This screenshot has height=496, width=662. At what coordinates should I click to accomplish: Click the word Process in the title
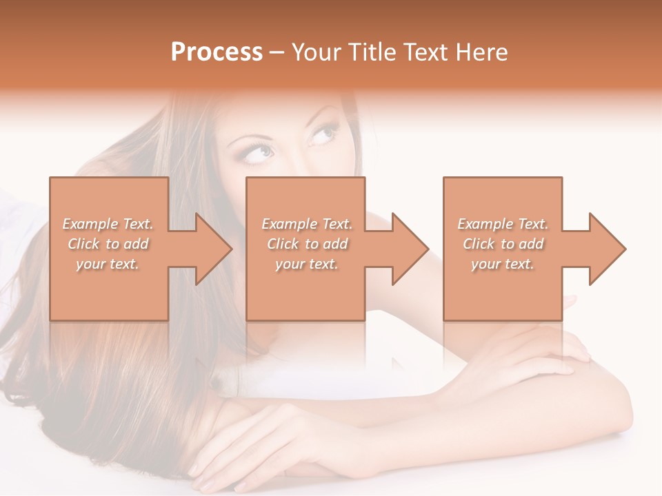pos(217,52)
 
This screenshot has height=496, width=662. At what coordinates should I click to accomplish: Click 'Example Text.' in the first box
pos(108,224)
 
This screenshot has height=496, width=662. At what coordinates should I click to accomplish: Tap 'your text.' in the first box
pos(108,263)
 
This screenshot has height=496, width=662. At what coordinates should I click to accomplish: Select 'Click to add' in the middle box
pos(307,244)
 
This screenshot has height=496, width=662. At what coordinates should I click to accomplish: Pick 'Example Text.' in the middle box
pos(307,224)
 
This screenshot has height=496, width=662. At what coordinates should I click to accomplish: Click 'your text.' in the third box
pos(503,263)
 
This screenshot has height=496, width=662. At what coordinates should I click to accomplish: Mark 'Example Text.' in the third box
pos(503,224)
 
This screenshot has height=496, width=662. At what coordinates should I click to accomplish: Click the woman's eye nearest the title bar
pos(321,133)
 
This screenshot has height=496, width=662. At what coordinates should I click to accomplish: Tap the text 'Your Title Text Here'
pos(399,52)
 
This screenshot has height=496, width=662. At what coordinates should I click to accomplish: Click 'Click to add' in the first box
pos(108,244)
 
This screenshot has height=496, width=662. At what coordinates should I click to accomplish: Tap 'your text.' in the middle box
pos(307,263)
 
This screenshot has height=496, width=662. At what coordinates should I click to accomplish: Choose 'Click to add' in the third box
pos(503,244)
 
